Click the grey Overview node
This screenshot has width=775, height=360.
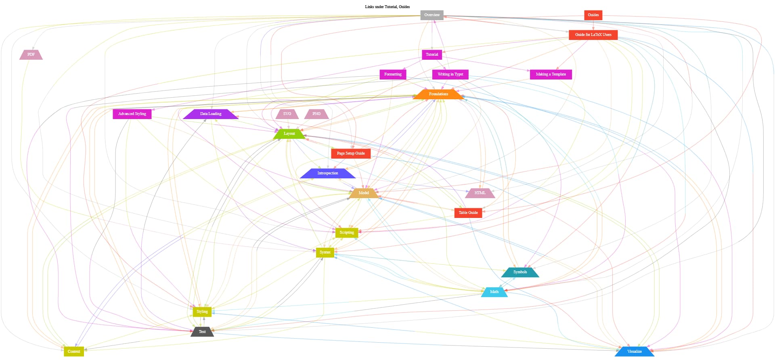432,15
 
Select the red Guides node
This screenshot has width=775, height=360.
593,15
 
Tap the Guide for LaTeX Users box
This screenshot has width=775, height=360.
593,35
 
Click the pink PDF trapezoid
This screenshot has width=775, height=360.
31,54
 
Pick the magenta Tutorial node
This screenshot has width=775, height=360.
432,54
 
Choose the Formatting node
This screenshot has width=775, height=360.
393,74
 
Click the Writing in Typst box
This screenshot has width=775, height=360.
450,74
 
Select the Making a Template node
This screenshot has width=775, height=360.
551,74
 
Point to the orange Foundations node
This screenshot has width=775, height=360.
438,94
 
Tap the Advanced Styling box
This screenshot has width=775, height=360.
132,114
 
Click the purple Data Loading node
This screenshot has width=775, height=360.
211,114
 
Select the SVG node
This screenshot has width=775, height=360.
287,114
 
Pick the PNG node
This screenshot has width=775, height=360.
316,114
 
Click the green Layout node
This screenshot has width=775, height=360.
289,134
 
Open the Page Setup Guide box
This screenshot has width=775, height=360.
351,153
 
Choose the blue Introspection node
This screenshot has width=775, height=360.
328,173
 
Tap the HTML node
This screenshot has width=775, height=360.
480,193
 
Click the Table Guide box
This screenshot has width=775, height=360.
468,213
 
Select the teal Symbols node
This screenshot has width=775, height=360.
520,272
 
